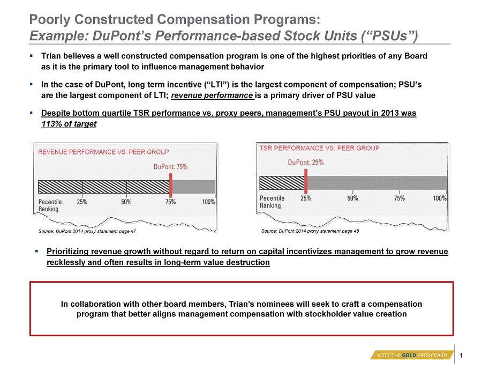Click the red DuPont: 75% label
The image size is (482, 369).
(x=170, y=167)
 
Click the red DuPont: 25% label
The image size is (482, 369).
(x=306, y=163)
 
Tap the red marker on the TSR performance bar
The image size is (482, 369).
(x=305, y=181)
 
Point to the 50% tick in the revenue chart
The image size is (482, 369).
(x=126, y=202)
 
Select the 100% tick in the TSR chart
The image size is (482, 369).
(x=440, y=197)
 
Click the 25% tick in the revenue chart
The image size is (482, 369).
(x=82, y=202)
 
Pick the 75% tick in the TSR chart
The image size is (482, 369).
(x=399, y=197)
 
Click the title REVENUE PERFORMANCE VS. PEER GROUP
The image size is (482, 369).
(x=103, y=152)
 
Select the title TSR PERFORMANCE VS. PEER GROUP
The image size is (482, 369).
(x=319, y=147)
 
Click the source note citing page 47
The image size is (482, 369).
(x=87, y=231)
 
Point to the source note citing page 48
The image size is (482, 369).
(x=310, y=231)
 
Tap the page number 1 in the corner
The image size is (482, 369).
(x=462, y=355)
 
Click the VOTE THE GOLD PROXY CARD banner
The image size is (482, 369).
(x=412, y=355)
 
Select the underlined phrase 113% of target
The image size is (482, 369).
(x=69, y=124)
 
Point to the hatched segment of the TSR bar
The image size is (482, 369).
(x=282, y=183)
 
